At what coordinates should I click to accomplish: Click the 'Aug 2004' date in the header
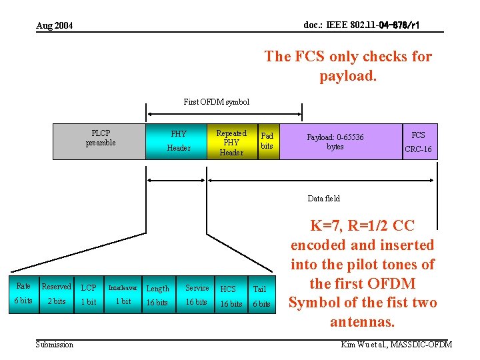pyautogui.click(x=54, y=25)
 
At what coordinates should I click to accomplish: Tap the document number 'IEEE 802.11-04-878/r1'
pyautogui.click(x=361, y=25)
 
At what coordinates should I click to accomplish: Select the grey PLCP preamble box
pyautogui.click(x=100, y=141)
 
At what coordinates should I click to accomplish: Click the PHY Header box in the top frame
pyautogui.click(x=178, y=141)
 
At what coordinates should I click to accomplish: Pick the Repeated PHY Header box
pyautogui.click(x=231, y=142)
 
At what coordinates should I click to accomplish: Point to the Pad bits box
pyautogui.click(x=267, y=141)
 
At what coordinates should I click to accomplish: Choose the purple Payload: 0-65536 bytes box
pyautogui.click(x=340, y=141)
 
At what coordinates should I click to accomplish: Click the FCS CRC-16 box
pyautogui.click(x=419, y=141)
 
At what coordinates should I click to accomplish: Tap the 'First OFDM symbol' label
pyautogui.click(x=216, y=102)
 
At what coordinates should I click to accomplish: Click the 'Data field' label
pyautogui.click(x=323, y=198)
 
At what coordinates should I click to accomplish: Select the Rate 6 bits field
pyautogui.click(x=23, y=293)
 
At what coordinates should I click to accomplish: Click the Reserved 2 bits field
pyautogui.click(x=56, y=293)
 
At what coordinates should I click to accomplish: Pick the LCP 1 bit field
pyautogui.click(x=89, y=294)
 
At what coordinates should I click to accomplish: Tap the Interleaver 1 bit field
pyautogui.click(x=123, y=294)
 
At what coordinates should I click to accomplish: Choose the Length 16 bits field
pyautogui.click(x=157, y=294)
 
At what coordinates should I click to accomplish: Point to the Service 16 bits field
pyautogui.click(x=197, y=294)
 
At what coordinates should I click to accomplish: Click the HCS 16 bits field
pyautogui.click(x=231, y=294)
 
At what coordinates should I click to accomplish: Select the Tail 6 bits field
pyautogui.click(x=260, y=294)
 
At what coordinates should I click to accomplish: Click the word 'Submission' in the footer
pyautogui.click(x=55, y=344)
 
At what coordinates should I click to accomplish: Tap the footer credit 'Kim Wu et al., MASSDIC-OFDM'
pyautogui.click(x=396, y=344)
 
